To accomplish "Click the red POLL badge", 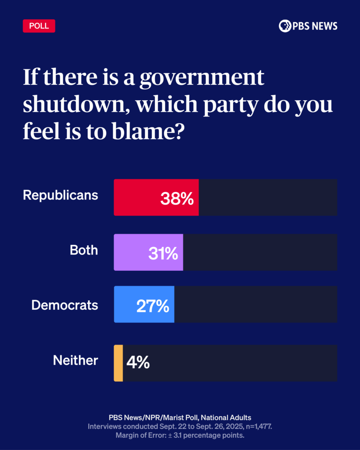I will pos(39,26).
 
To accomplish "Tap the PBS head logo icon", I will pos(285,26).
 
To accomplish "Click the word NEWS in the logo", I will pos(325,26).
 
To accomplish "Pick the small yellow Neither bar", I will pos(118,363).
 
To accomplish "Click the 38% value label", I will pos(177,199).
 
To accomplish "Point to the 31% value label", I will pos(163,253).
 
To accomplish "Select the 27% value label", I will pos(153,306).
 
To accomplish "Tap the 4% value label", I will pos(138,363).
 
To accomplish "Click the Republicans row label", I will pos(60,195).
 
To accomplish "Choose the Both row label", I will pos(84,250).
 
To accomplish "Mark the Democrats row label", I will pos(65,305).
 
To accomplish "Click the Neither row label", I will pos(75,360).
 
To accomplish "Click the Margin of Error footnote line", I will pos(180,435).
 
